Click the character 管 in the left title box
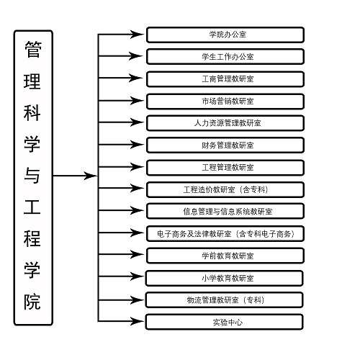[33, 50]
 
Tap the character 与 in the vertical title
[33, 176]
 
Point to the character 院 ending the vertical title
[33, 301]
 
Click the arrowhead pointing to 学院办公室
[138, 34]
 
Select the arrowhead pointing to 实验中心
[138, 321]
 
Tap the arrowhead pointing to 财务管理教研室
[138, 145]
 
